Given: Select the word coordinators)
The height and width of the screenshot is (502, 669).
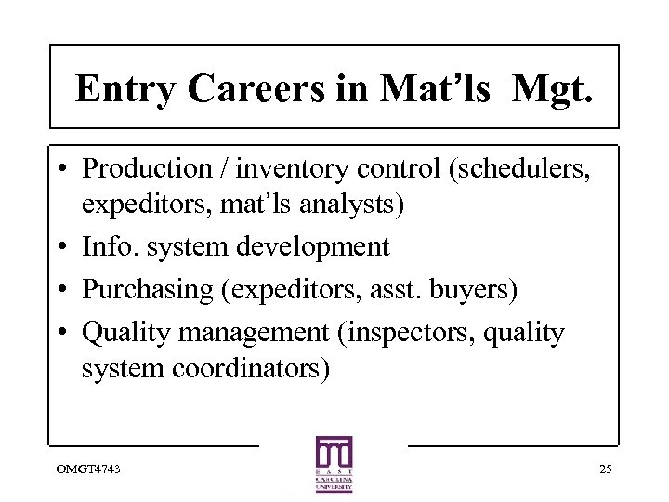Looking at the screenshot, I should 251,368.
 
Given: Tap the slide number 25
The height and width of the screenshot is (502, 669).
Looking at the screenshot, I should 605,469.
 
